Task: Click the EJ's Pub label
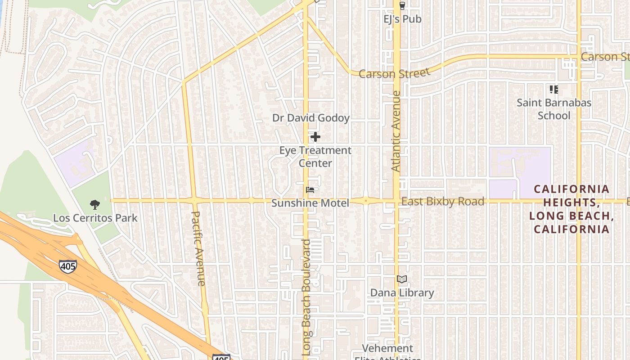tap(402, 19)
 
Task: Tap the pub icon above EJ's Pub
tap(402, 6)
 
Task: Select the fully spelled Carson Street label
tap(395, 73)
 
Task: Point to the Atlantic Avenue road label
tap(396, 131)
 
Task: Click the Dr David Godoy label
tap(311, 118)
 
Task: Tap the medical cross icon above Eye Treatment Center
tap(315, 136)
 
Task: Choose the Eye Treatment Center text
tap(315, 157)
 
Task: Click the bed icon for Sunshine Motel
tap(310, 190)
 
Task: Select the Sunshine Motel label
tap(310, 203)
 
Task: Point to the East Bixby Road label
tap(443, 201)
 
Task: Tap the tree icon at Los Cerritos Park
tap(94, 205)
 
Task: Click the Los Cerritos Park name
tap(95, 218)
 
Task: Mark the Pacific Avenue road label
tap(198, 248)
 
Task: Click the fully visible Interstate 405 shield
tap(68, 266)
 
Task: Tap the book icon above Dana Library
tap(402, 279)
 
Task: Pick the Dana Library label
tap(402, 292)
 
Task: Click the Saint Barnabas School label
tap(554, 109)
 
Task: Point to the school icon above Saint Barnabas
tap(554, 90)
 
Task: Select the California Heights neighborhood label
tap(571, 209)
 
